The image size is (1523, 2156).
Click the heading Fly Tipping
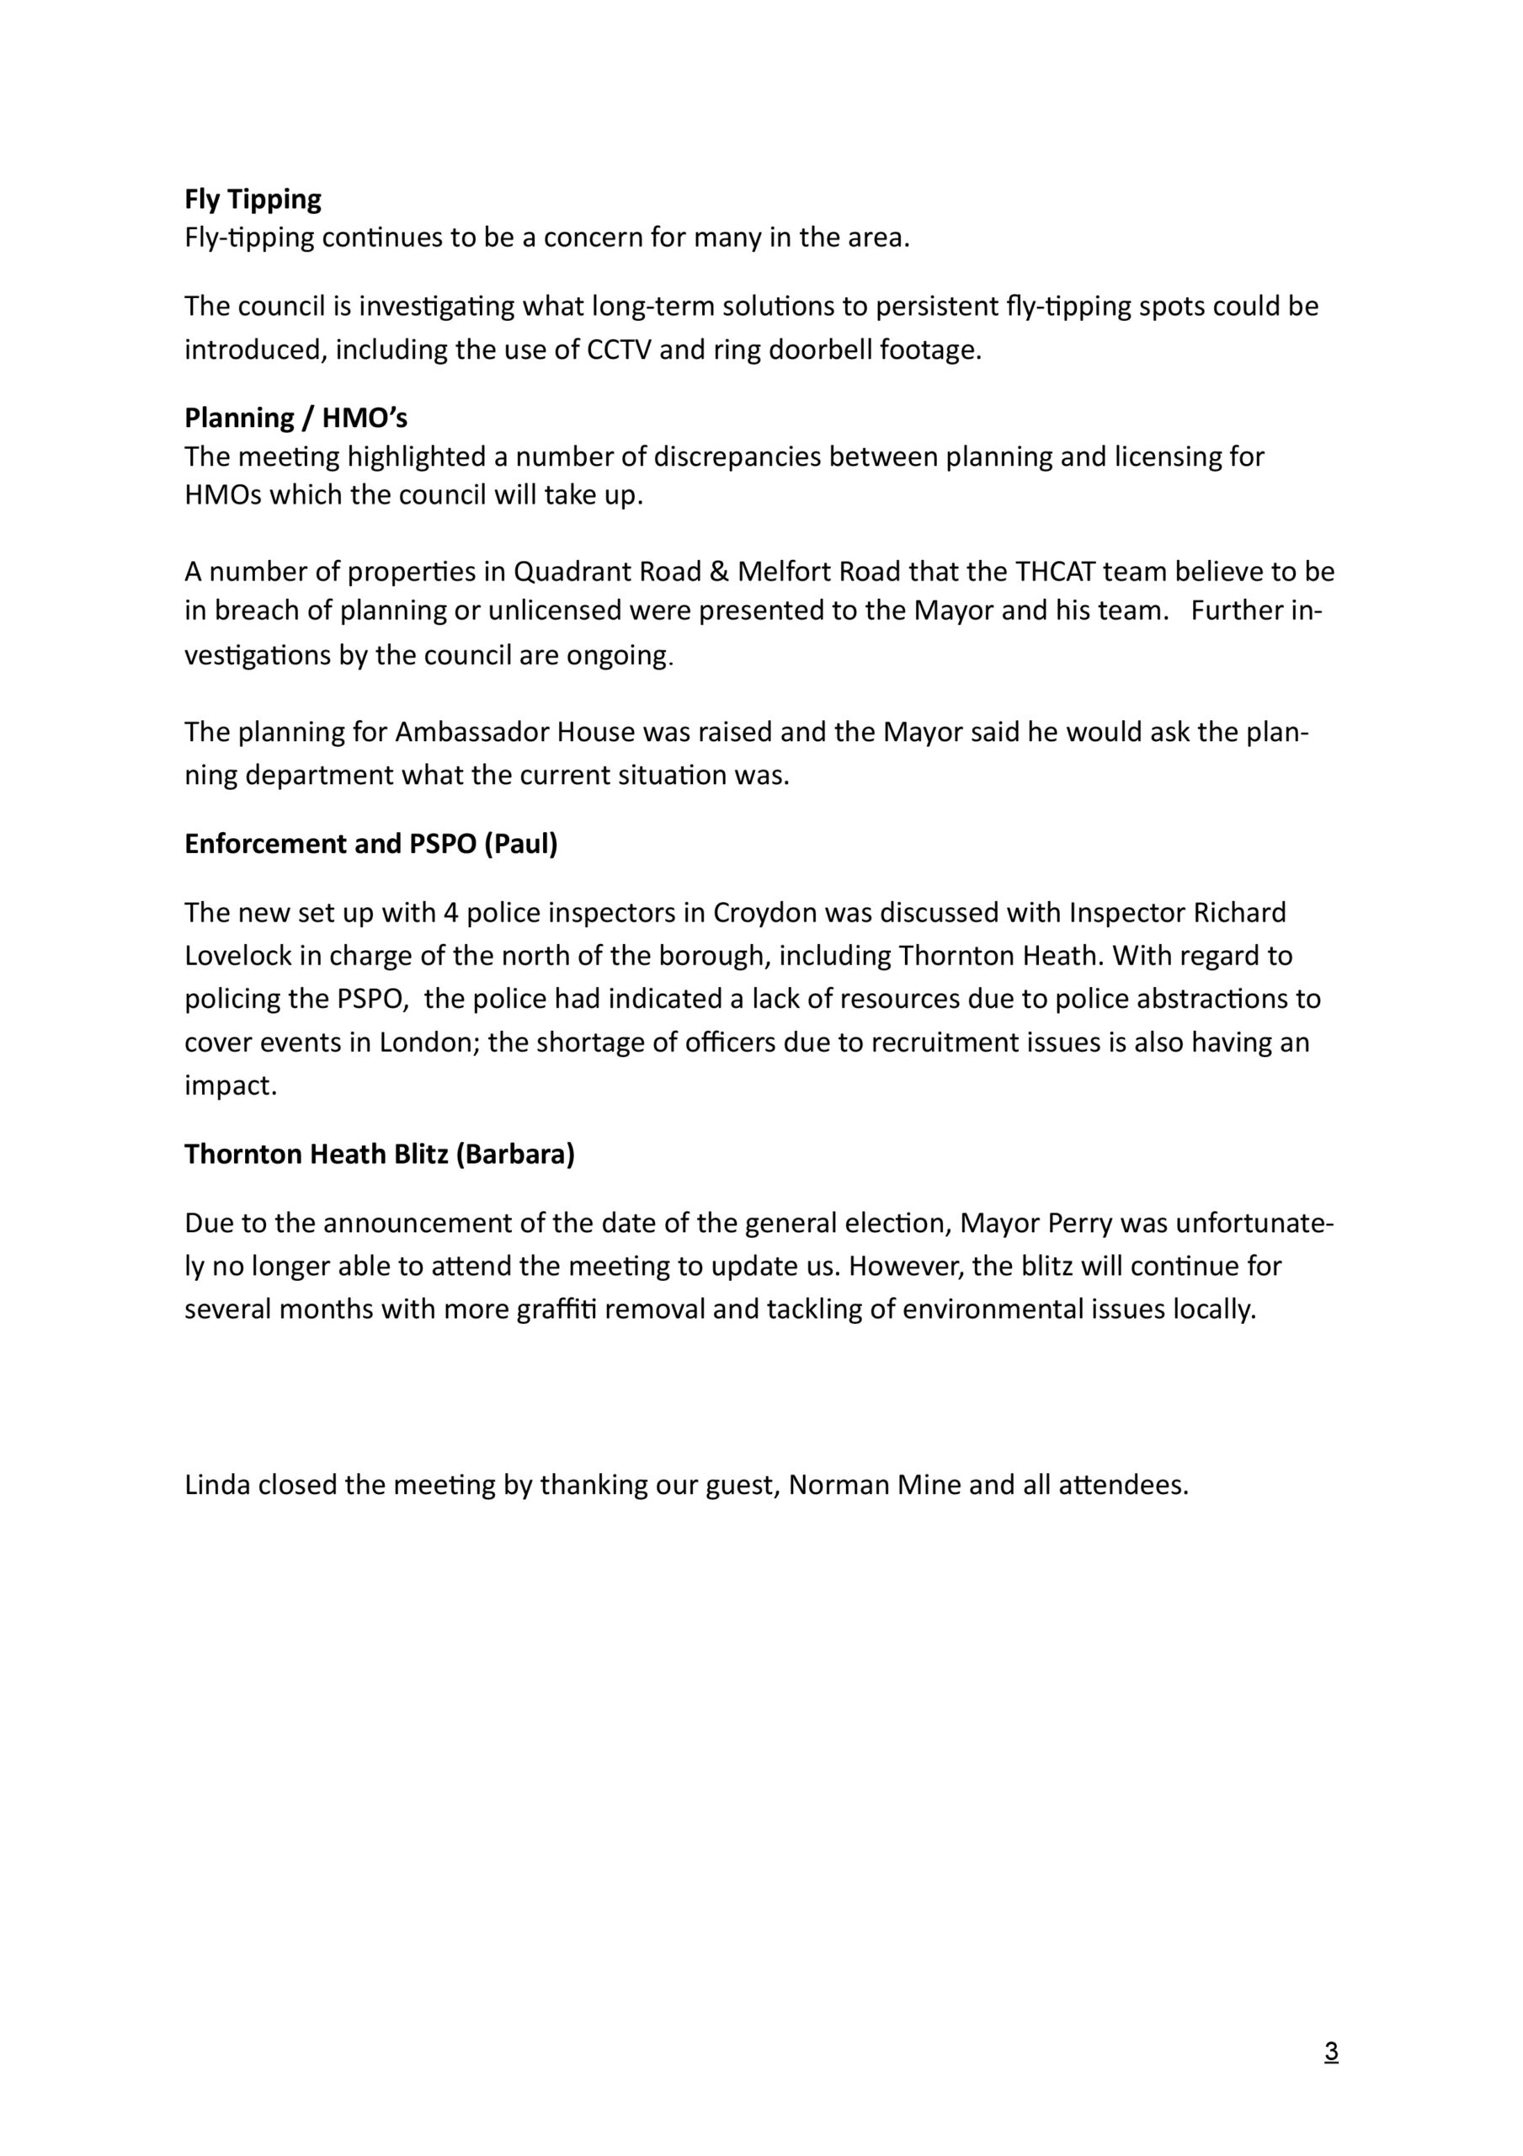click(253, 200)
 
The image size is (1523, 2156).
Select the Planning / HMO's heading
click(296, 417)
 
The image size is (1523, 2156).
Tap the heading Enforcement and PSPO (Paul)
click(371, 844)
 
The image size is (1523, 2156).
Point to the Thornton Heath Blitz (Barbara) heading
click(380, 1154)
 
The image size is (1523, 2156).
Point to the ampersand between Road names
click(719, 572)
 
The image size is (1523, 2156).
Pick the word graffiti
click(556, 1310)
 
